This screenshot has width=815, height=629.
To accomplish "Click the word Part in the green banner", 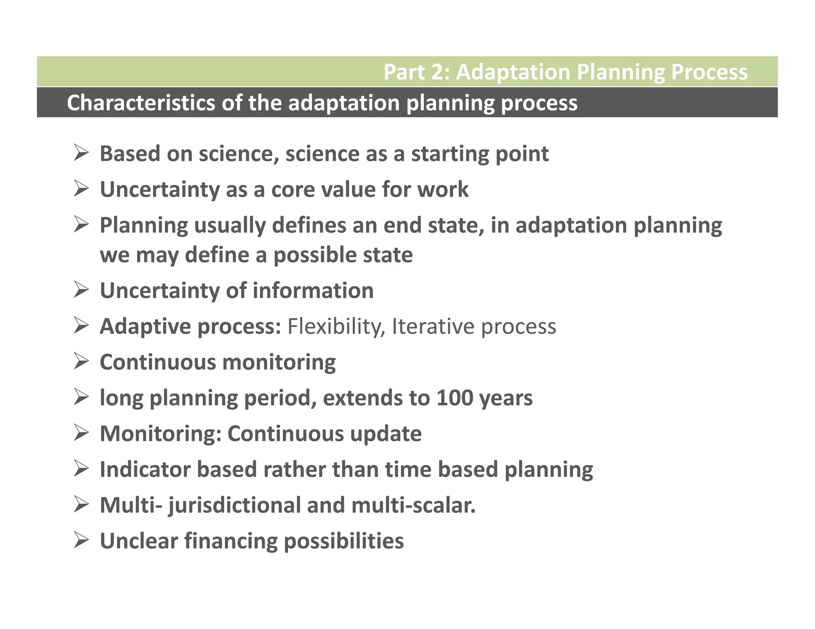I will coord(400,72).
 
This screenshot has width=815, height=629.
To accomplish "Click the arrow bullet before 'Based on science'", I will coord(81,153).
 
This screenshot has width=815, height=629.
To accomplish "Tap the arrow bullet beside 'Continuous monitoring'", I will coord(81,362).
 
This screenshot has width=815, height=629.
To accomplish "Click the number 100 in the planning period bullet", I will coord(454,398).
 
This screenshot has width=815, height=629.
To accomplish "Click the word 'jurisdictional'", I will coord(234,506).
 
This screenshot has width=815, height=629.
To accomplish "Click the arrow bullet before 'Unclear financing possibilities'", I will coord(81,541).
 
